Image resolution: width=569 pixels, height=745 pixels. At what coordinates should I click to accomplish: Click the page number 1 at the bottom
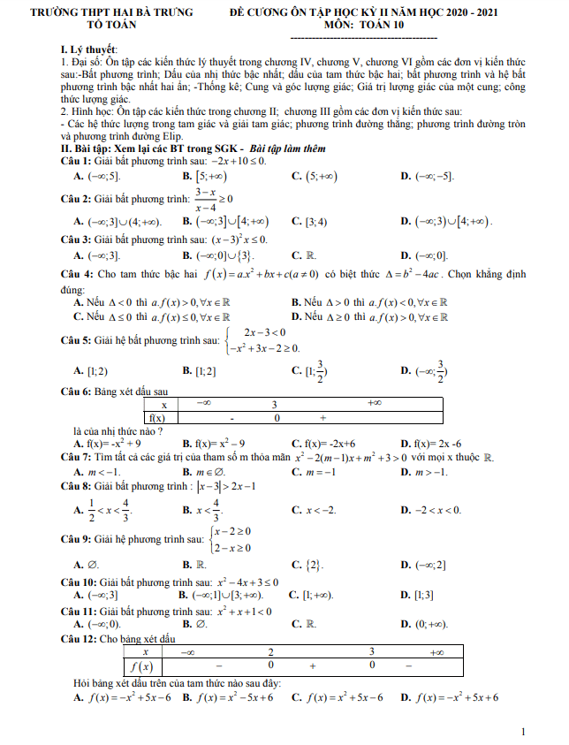point(524,732)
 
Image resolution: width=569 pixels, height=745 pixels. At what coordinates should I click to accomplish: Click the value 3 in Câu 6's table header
point(275,404)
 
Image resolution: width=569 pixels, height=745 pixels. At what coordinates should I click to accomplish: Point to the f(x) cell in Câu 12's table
point(142,665)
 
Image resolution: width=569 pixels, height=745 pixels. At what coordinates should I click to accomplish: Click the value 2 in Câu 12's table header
point(271,650)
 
